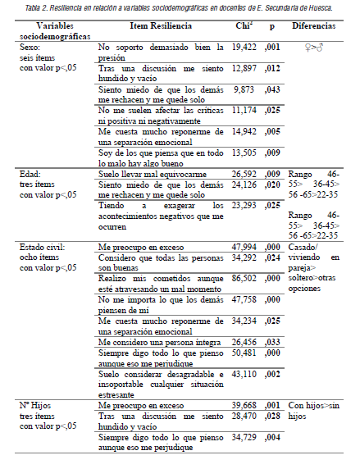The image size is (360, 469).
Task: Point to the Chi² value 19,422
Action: coord(244,48)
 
